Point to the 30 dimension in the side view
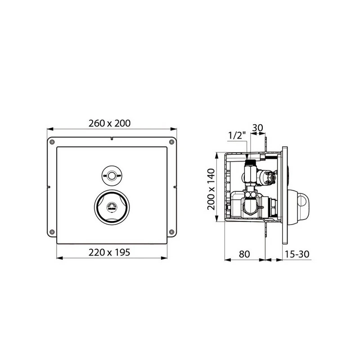258,127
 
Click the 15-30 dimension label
297,253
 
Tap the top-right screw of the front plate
171,142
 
